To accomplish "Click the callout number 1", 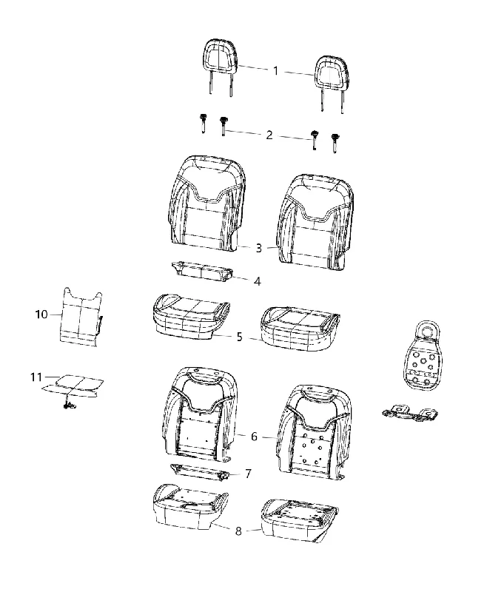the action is pos(275,70).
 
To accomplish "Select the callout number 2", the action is pos(269,135).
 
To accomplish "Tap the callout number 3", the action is pos(258,248).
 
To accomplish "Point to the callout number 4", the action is pos(257,281).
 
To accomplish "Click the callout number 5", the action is pos(239,337).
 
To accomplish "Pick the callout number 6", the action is pos(254,437).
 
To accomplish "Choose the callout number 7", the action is pos(248,474).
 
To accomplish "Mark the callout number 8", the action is pos(238,531).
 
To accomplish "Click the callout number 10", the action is pos(41,314).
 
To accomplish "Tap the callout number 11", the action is pos(36,377).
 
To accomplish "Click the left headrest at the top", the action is pos(221,67).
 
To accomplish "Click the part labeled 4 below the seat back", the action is pos(201,272).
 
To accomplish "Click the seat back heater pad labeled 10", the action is pos(81,317).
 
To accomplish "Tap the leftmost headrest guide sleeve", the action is pos(204,123).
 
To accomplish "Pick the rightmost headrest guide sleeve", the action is pos(334,143).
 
